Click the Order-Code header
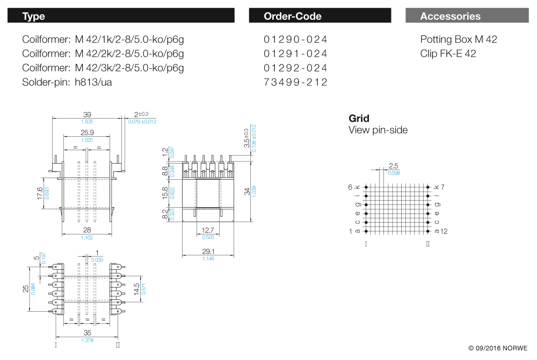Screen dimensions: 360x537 point(293,16)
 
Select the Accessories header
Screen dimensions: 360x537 point(450,16)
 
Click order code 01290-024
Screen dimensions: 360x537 point(295,40)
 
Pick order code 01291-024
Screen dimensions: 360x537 point(295,54)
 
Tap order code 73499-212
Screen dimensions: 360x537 point(295,82)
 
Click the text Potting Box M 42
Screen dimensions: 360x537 point(459,40)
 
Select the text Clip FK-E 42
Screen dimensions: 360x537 point(448,54)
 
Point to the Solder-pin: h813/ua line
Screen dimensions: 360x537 point(67,82)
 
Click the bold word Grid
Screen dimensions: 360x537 point(359,119)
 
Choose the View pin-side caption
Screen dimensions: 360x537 point(378,130)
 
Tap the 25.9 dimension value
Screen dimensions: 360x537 point(87,133)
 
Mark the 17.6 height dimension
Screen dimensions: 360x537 point(40,193)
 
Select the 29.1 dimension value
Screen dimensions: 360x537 point(208,251)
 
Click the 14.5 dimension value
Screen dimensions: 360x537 point(137,289)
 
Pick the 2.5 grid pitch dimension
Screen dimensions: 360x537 point(393,166)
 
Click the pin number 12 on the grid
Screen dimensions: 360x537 point(444,231)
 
